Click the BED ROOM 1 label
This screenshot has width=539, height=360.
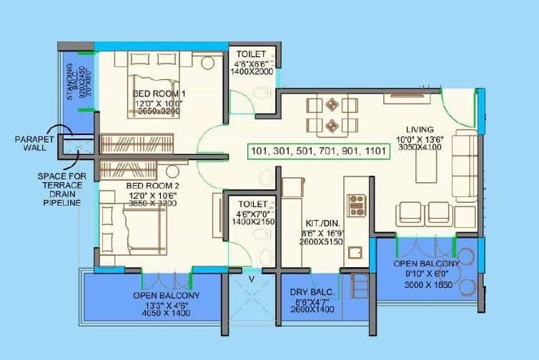159,94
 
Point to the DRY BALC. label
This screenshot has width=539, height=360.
310,292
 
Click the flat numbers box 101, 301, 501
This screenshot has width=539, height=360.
319,151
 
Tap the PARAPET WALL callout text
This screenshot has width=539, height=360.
29,143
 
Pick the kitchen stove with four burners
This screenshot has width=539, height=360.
356,205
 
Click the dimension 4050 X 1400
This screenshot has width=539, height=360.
166,313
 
